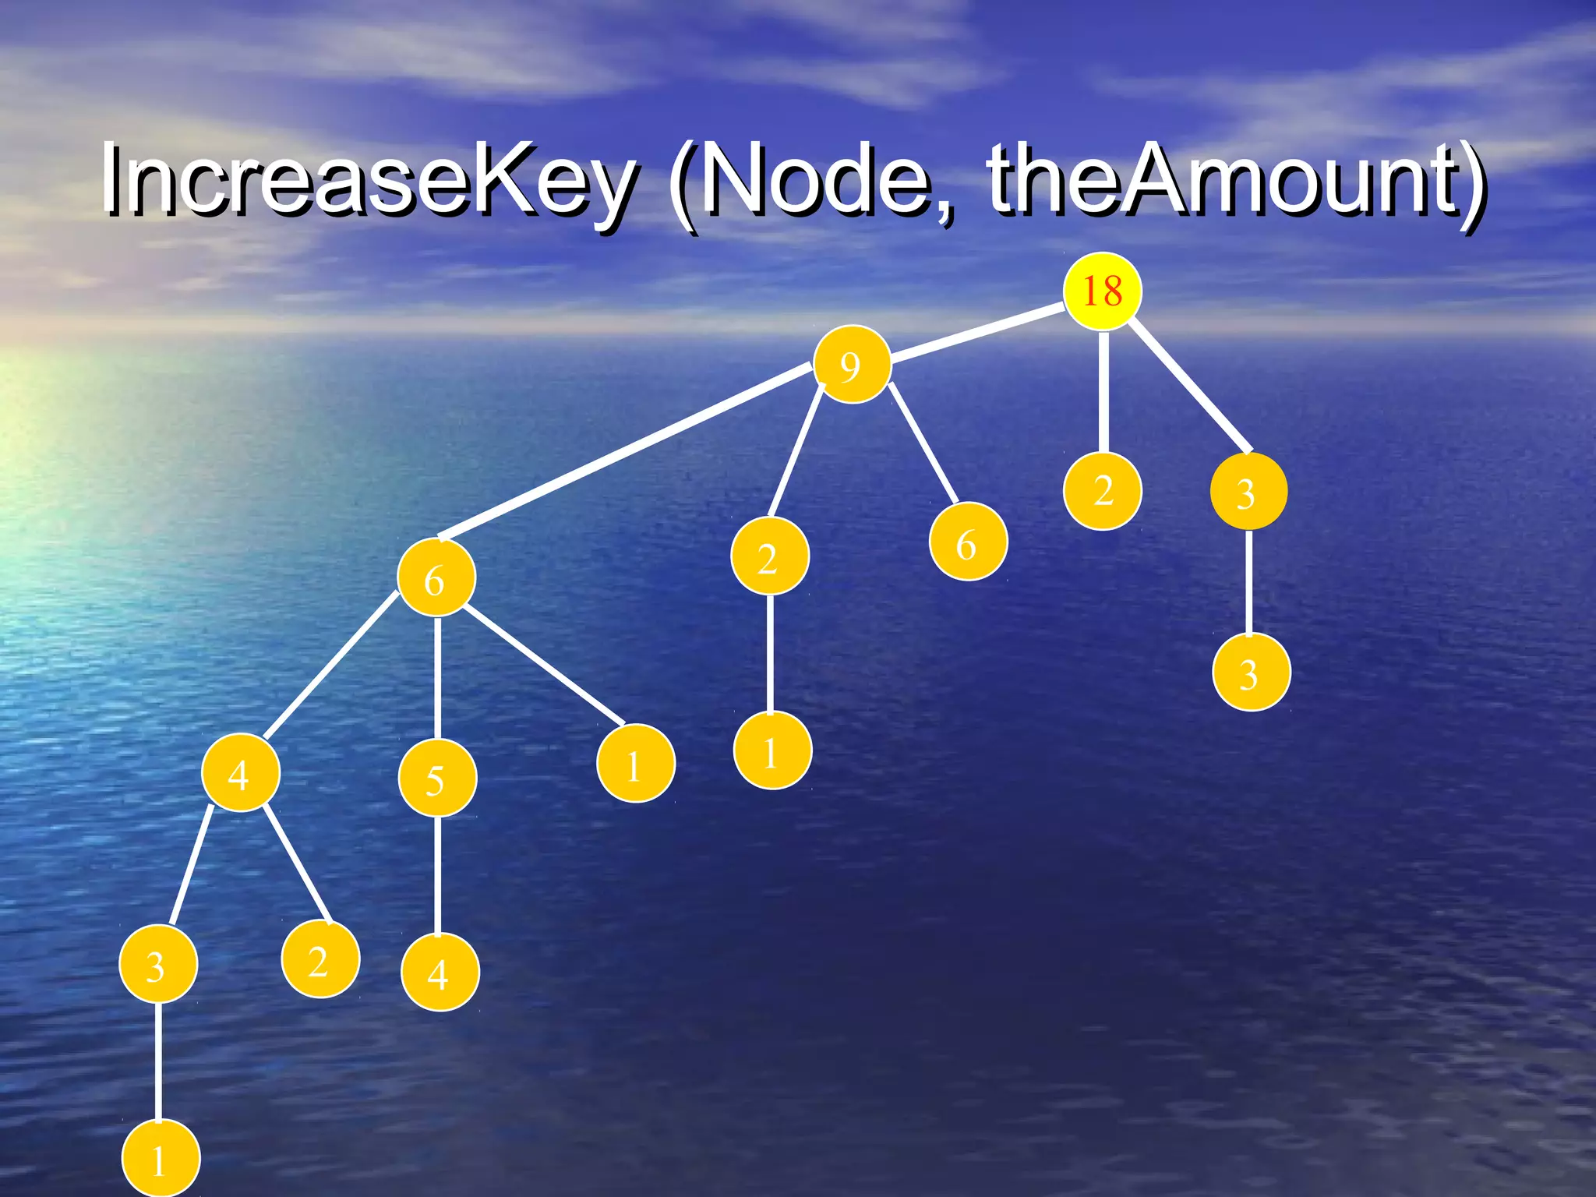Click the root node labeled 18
click(1102, 291)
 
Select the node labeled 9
click(852, 365)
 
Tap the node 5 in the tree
click(437, 779)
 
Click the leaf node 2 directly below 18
click(1103, 491)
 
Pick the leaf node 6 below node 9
click(968, 542)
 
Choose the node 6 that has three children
click(436, 578)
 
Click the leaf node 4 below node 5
click(440, 973)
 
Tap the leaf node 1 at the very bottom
click(160, 1159)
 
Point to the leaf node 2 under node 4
click(320, 960)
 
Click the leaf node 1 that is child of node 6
click(635, 764)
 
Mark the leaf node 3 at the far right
click(1251, 673)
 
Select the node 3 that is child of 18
click(1248, 493)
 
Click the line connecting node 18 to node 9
click(978, 334)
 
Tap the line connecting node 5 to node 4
click(437, 874)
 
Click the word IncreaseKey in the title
click(367, 181)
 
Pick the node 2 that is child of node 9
click(769, 556)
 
